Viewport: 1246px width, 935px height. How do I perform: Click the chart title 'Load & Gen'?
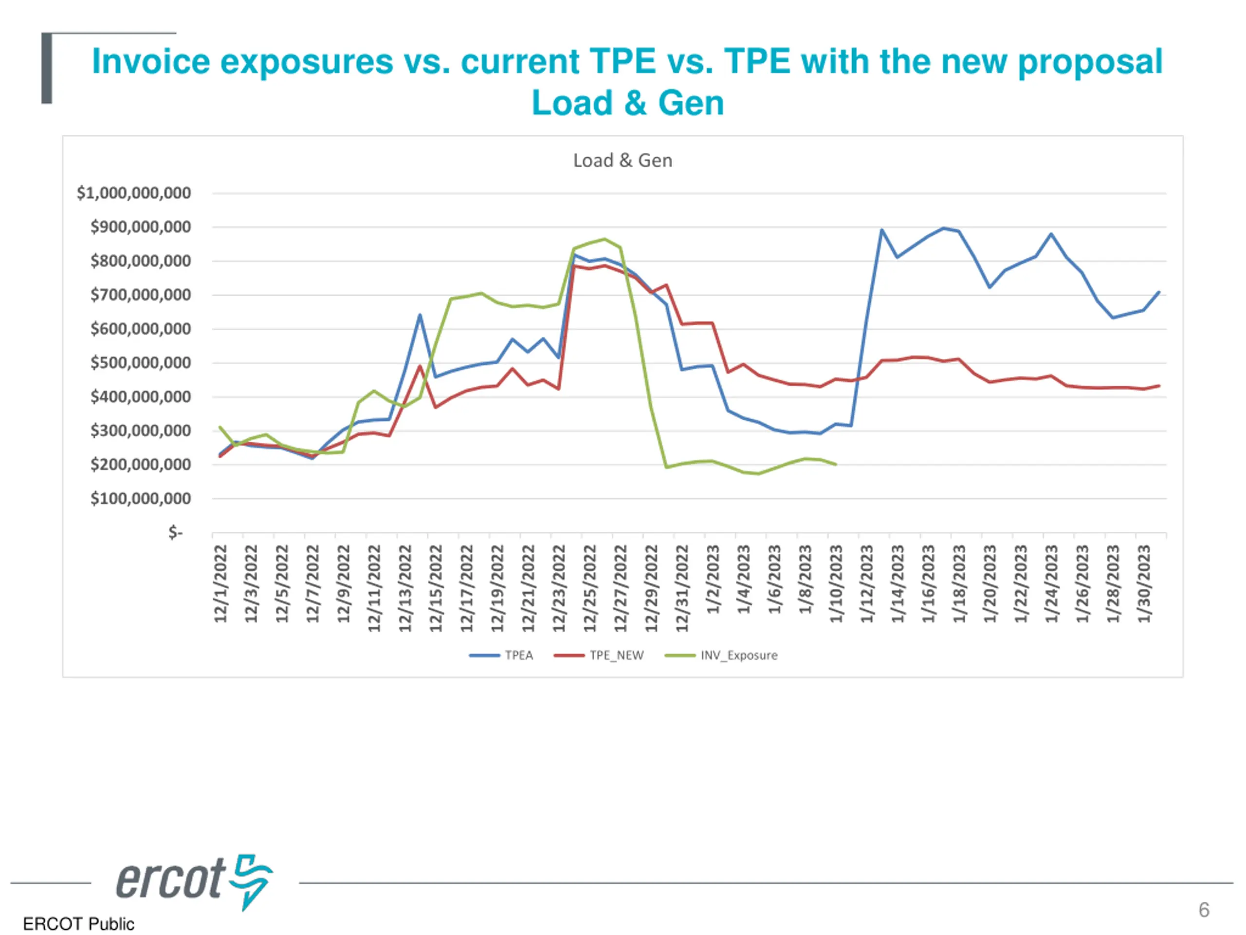tap(623, 161)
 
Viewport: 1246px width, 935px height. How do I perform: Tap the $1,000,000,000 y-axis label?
tap(133, 193)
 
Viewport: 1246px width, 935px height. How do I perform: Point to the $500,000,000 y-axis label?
tap(140, 363)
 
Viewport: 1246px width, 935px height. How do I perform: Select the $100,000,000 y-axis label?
tap(140, 499)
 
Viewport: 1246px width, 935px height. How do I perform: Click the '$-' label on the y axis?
tap(175, 533)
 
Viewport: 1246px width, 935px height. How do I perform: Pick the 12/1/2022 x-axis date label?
tap(220, 583)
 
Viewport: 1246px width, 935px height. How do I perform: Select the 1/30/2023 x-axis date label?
tap(1144, 583)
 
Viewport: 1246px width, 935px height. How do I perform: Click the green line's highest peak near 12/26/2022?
tap(605, 239)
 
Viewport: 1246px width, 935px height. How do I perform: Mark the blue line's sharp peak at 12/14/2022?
tap(420, 315)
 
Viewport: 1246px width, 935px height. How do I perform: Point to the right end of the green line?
tap(835, 465)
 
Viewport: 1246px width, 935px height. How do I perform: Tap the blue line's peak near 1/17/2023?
tap(944, 228)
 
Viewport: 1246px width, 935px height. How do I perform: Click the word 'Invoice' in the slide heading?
tap(150, 61)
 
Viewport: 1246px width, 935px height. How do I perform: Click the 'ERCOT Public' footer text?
tap(78, 924)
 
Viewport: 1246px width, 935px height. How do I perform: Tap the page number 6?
tap(1204, 910)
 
